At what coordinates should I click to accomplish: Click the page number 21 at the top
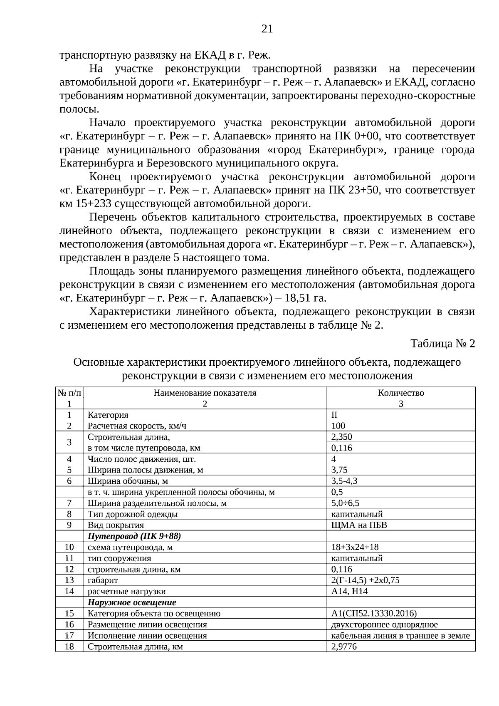[x=267, y=29]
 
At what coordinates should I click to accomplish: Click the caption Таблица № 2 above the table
[x=442, y=344]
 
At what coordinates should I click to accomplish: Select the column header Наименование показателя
[x=205, y=393]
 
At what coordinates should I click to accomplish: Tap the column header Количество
[x=400, y=393]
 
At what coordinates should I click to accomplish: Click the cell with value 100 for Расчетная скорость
[x=338, y=426]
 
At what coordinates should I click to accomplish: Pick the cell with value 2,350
[x=341, y=437]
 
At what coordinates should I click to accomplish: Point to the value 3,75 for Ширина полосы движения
[x=339, y=470]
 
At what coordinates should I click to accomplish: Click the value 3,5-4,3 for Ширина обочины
[x=344, y=481]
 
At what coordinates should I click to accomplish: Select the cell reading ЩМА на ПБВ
[x=359, y=525]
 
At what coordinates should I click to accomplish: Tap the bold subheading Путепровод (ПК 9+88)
[x=134, y=536]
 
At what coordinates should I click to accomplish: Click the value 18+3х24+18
[x=355, y=547]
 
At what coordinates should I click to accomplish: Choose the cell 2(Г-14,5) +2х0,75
[x=365, y=580]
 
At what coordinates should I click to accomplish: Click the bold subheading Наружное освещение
[x=132, y=602]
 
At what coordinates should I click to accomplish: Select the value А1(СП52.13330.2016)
[x=374, y=613]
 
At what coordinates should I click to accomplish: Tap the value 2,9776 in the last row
[x=344, y=647]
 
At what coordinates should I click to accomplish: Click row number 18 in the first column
[x=69, y=647]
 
